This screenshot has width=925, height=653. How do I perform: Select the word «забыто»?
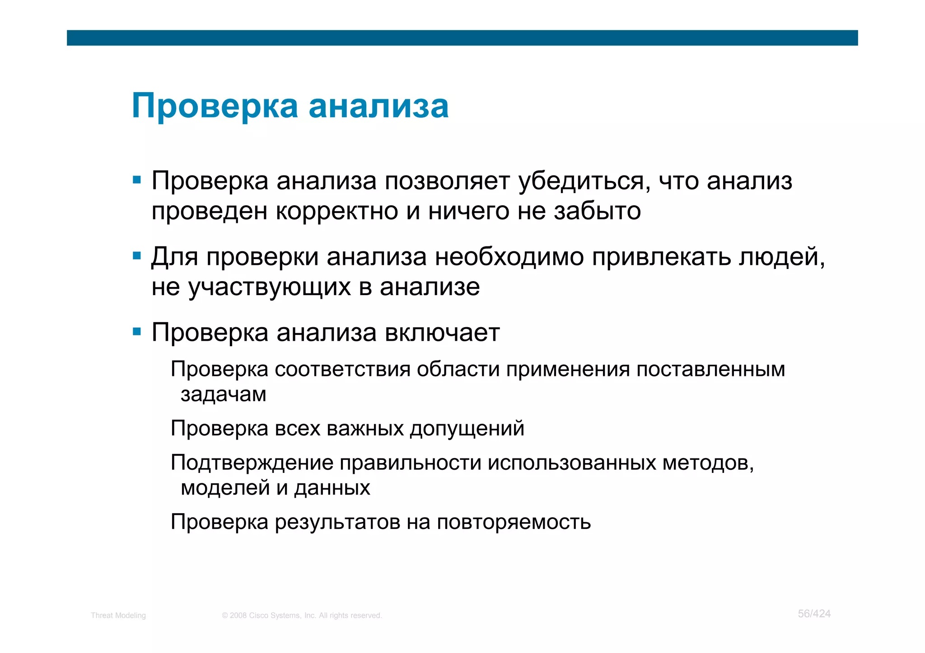(597, 211)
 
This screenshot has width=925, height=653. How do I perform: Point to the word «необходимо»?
(509, 257)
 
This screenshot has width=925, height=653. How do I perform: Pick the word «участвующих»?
(269, 287)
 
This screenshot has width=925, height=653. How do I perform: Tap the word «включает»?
(442, 333)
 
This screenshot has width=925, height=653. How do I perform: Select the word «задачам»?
(224, 394)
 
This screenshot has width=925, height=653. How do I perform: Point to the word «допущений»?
(467, 429)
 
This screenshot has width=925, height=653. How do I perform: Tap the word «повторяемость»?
(514, 523)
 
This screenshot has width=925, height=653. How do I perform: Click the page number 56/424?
(814, 614)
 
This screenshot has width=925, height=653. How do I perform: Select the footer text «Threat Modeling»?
(118, 616)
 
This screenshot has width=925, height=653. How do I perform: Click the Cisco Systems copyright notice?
(302, 616)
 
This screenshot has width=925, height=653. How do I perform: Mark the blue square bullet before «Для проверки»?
(137, 256)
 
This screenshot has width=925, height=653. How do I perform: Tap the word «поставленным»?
(710, 370)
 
